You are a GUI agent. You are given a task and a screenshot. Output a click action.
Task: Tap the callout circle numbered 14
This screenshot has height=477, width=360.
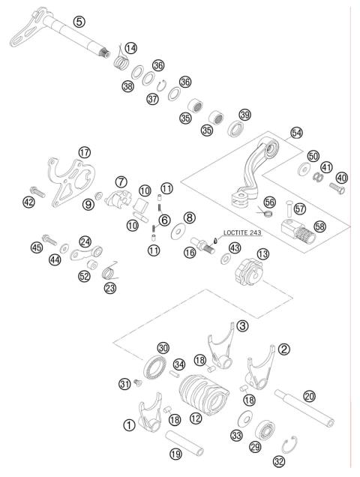pos(131,49)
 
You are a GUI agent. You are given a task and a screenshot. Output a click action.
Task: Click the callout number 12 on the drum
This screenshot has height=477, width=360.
pos(195,418)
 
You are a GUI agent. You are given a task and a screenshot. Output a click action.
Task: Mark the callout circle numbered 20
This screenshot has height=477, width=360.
pos(309,396)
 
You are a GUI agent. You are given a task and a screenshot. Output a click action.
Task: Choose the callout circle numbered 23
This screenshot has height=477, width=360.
pos(110,287)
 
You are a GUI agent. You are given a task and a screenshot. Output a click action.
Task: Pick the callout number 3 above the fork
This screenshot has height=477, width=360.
pos(242,326)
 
